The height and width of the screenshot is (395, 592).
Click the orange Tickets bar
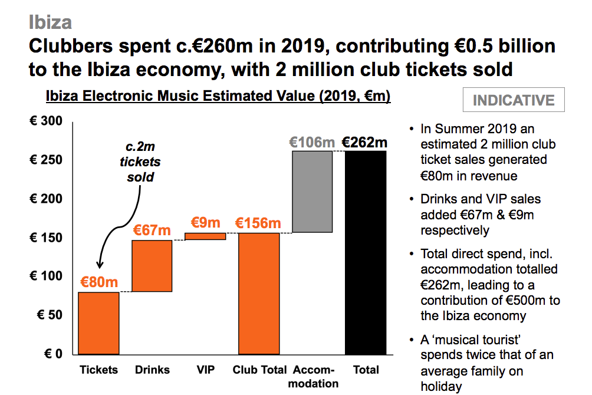click(99, 323)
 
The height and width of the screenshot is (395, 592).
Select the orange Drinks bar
click(152, 266)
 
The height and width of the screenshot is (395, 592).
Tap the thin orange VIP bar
click(205, 236)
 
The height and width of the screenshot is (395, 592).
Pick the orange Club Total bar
click(259, 294)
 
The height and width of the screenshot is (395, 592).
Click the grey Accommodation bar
click(312, 192)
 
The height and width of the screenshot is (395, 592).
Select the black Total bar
click(366, 252)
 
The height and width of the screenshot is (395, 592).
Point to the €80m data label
click(99, 282)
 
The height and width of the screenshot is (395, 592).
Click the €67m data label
click(152, 230)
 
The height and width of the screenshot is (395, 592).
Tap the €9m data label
click(205, 223)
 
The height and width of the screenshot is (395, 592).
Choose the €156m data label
click(258, 223)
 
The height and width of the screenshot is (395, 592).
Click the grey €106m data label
click(312, 142)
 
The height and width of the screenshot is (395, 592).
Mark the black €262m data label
click(365, 142)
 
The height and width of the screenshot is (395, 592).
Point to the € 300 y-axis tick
click(45, 121)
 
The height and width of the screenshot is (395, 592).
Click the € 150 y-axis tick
click(45, 238)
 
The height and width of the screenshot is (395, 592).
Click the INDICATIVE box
click(514, 100)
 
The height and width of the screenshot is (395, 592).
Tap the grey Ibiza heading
click(50, 22)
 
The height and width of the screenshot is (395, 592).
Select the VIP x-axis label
click(206, 370)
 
